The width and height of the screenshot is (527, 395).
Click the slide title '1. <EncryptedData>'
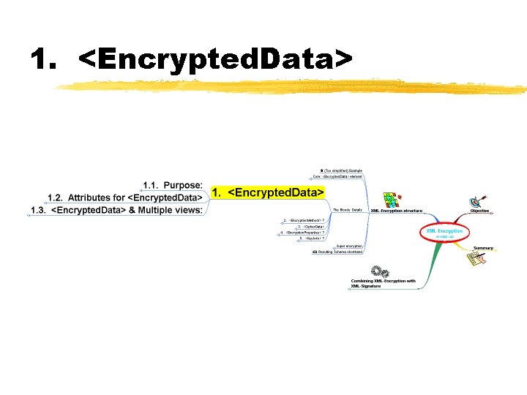pos(193,61)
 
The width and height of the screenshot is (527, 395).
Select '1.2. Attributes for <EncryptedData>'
pos(124,197)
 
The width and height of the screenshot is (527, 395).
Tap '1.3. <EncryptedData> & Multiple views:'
pos(116,210)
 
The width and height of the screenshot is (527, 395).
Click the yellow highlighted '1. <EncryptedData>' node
pos(267,192)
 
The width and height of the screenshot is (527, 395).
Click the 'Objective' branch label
pos(479,211)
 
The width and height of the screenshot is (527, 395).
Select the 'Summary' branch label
pos(483,248)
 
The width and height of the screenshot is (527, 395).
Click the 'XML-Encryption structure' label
pos(396,211)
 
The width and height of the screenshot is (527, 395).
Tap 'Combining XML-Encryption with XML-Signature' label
pos(383,283)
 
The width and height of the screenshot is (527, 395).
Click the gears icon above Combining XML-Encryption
pos(379,271)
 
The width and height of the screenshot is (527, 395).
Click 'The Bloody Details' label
pos(347,210)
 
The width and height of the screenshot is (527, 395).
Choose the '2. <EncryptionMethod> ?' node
pos(303,220)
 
